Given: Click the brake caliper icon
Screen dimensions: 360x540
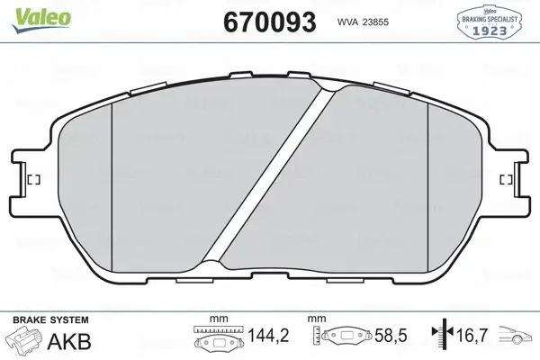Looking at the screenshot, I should [x=26, y=343].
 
